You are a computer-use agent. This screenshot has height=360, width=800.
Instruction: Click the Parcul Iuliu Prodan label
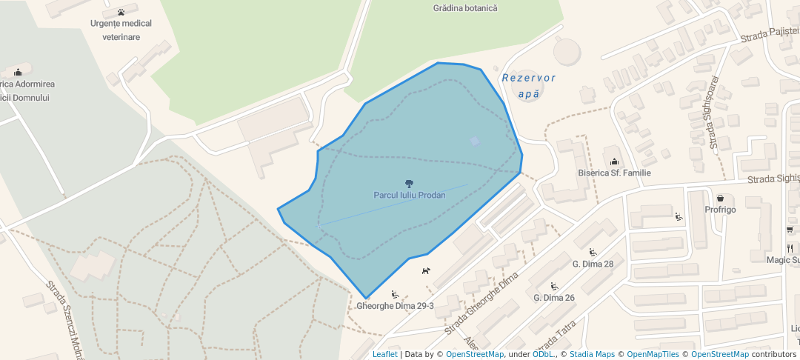pos(409,196)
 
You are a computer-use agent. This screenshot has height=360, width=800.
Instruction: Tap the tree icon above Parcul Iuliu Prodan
pos(409,183)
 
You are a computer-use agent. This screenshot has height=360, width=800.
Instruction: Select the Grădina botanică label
pos(465,8)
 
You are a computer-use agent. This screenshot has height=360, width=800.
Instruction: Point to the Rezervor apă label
pos(528,86)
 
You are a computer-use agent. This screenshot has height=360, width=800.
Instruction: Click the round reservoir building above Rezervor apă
pos(568,50)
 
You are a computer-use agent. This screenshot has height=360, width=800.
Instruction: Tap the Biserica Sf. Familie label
pos(614,173)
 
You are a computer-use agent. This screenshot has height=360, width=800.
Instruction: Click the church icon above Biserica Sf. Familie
pos(614,161)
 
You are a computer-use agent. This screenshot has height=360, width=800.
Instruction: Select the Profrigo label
pos(720,210)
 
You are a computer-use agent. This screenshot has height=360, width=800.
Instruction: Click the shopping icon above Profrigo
pos(720,198)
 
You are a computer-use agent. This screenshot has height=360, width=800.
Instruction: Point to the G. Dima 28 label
pos(593,264)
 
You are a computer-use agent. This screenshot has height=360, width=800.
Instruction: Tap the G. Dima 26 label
pos(554,298)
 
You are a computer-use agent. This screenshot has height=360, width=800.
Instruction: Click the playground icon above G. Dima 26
pos(554,286)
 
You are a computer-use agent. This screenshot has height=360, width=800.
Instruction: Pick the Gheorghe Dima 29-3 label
pos(395,306)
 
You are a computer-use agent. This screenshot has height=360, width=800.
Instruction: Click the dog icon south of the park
pos(425,270)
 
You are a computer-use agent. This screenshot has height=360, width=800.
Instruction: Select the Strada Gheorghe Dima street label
pos(487,301)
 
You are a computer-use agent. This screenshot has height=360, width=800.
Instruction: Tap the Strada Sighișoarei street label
pos(713,112)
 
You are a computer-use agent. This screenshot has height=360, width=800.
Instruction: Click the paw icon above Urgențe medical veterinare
pos(121,12)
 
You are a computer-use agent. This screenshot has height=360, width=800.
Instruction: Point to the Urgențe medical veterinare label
pos(121,30)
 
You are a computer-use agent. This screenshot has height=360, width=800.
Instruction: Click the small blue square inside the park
pos(475,141)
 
